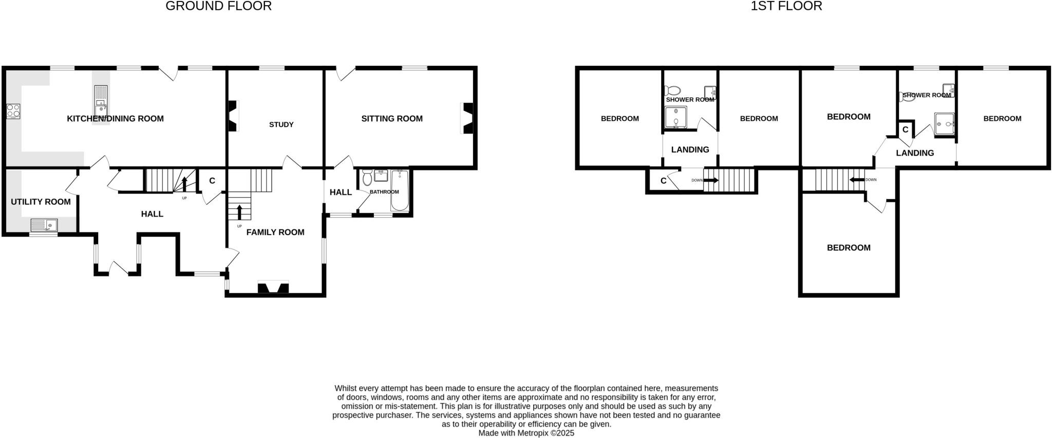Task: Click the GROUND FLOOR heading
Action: (x=218, y=6)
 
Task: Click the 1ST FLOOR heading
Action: (x=786, y=6)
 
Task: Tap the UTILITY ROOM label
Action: (x=41, y=202)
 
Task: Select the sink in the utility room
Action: (x=44, y=225)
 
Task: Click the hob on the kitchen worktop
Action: (x=13, y=111)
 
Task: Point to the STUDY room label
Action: (x=281, y=124)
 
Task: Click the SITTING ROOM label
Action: (x=391, y=119)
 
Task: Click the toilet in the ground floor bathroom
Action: (x=367, y=178)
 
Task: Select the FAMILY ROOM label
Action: (x=275, y=232)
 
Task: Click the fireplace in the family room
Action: (x=273, y=287)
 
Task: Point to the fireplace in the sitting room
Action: (x=468, y=119)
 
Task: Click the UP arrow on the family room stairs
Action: (x=239, y=212)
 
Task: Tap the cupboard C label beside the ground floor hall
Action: (x=212, y=181)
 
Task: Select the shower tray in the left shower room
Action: (x=675, y=117)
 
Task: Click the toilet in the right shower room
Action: (x=908, y=96)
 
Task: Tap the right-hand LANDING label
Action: (x=915, y=153)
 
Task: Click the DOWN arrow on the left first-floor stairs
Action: (x=711, y=180)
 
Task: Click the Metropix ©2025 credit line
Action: (x=526, y=433)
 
